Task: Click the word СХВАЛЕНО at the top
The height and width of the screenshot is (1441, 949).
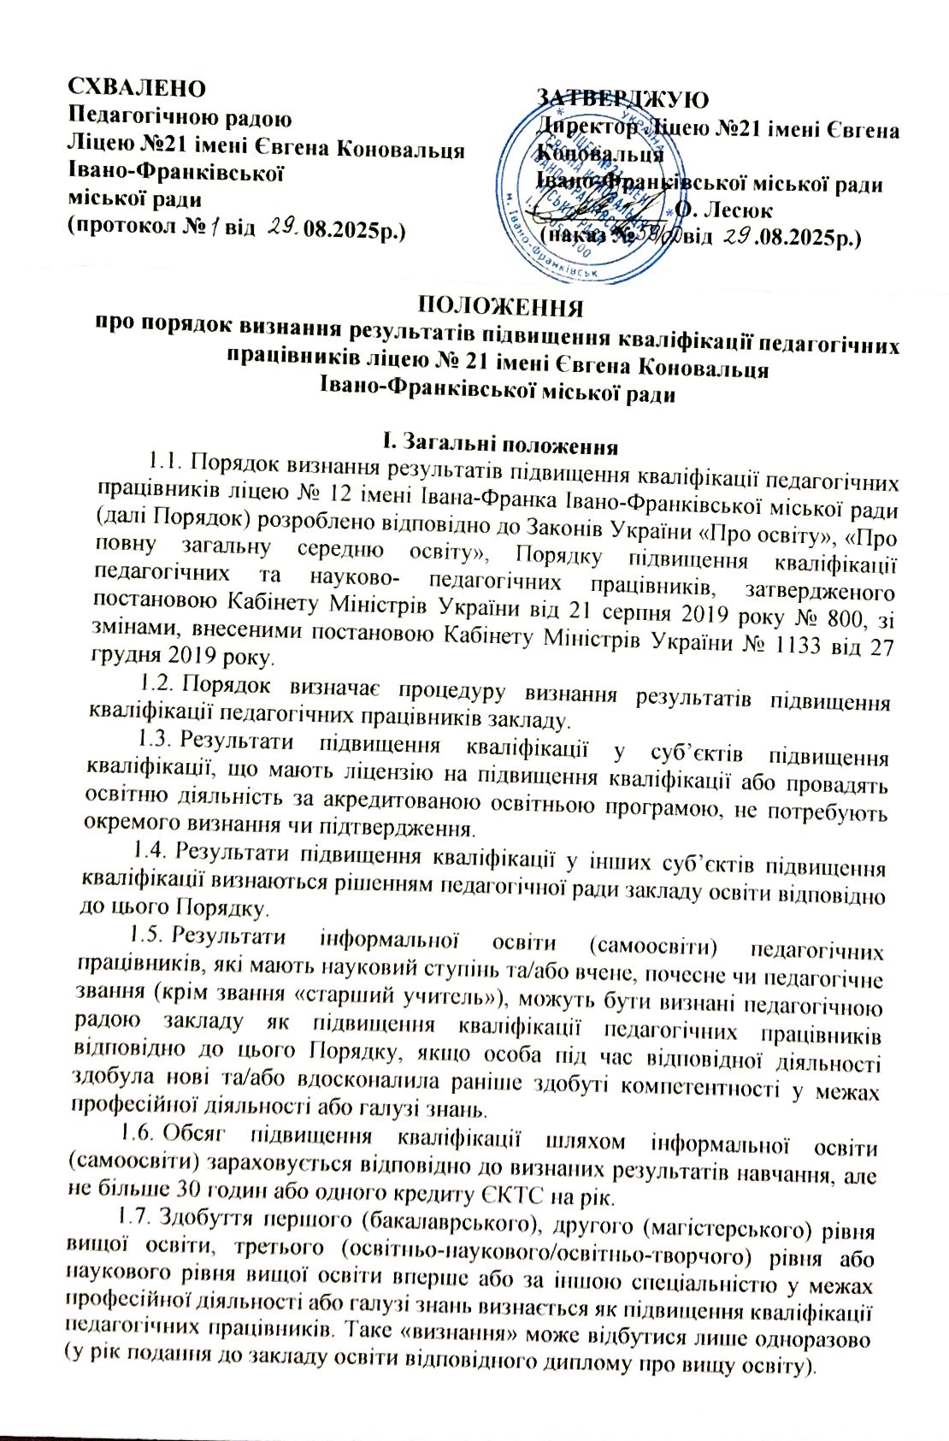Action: [x=137, y=88]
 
